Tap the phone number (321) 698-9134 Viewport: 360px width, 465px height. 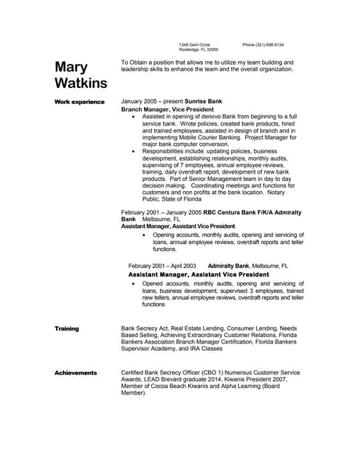pos(263,44)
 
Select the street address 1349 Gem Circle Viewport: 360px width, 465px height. pos(194,44)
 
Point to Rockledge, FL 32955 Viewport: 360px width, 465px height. pos(198,50)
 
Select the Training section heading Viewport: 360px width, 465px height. pos(67,328)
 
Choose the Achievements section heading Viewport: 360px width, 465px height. pos(76,373)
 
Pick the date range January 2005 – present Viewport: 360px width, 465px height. pos(152,101)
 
